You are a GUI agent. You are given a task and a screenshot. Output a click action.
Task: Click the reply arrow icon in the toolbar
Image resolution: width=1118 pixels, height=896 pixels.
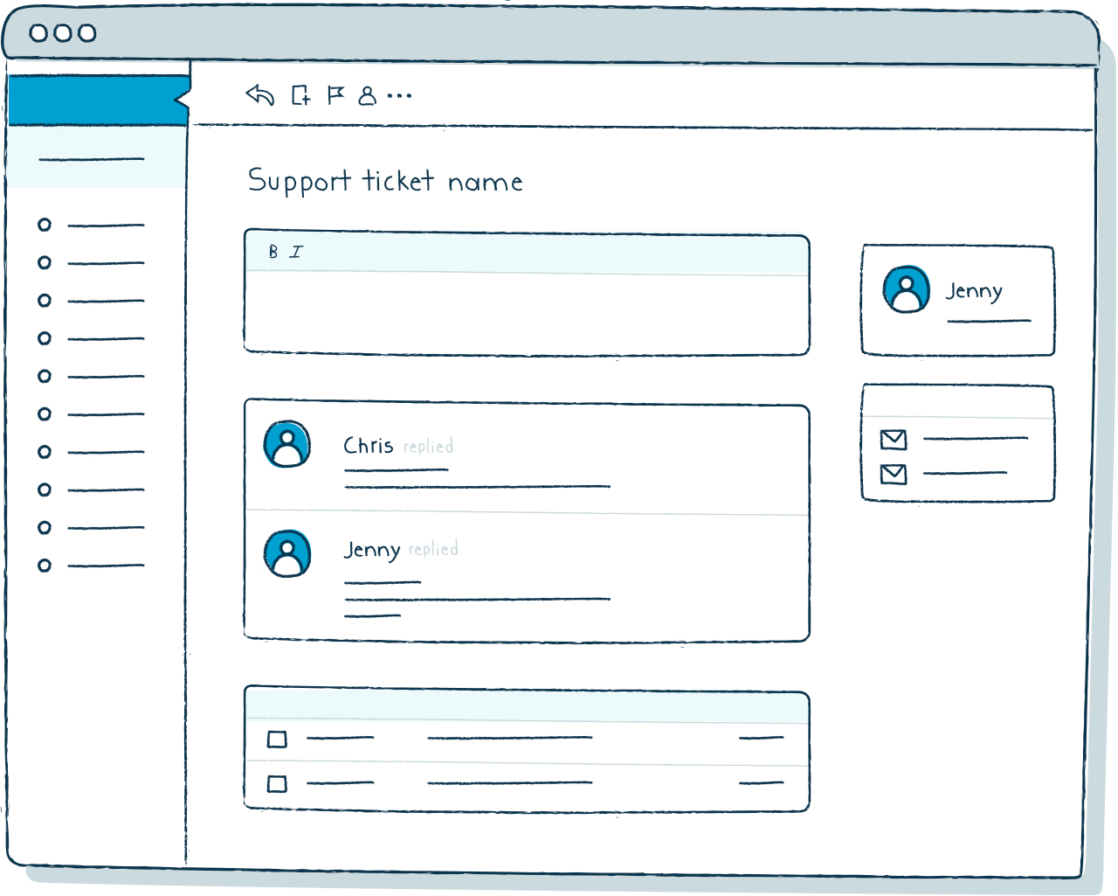pos(259,95)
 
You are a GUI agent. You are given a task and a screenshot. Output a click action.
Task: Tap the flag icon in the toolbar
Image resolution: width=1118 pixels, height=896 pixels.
pos(335,95)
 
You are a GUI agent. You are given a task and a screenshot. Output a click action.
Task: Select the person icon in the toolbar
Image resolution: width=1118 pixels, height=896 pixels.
pos(368,95)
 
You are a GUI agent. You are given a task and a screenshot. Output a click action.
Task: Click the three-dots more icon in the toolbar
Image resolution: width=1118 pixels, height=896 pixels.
pos(399,95)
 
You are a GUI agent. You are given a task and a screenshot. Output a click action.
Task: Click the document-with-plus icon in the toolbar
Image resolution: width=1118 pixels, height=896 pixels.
pos(300,95)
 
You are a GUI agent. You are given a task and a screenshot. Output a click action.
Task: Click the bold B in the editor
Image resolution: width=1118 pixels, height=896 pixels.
pos(273,252)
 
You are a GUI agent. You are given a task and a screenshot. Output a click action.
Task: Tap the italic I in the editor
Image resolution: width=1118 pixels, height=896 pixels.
pos(296,252)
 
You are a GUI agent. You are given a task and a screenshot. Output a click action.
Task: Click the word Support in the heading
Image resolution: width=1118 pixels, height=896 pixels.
pos(299,182)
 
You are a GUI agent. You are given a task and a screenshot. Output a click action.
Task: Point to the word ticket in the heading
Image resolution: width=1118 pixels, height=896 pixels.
pos(398,181)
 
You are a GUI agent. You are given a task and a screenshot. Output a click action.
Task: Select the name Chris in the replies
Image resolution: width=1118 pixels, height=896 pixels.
pos(369,446)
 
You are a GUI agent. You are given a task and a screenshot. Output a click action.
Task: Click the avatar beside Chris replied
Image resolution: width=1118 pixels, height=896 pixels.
pos(287,444)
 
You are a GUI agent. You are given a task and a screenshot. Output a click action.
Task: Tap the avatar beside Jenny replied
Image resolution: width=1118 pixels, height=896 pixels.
pos(287,553)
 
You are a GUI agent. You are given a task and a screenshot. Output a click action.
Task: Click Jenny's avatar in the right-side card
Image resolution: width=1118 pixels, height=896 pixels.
pos(907,289)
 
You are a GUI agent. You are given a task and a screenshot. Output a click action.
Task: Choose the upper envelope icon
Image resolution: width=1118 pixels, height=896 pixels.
pos(894,440)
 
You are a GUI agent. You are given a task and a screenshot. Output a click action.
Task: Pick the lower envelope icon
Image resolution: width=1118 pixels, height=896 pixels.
pos(894,475)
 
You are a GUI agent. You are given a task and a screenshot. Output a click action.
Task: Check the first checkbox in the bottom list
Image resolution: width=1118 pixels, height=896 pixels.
pos(277,739)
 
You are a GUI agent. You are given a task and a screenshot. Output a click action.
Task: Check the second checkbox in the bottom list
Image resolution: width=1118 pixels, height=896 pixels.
pos(277,784)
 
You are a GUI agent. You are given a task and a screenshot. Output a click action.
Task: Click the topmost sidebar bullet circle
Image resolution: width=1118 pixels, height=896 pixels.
pos(45,225)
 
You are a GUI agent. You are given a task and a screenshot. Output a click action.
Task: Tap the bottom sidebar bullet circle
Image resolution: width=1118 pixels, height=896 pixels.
pos(45,566)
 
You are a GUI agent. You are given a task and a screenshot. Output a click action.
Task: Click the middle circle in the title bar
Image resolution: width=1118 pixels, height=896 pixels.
pos(63,33)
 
